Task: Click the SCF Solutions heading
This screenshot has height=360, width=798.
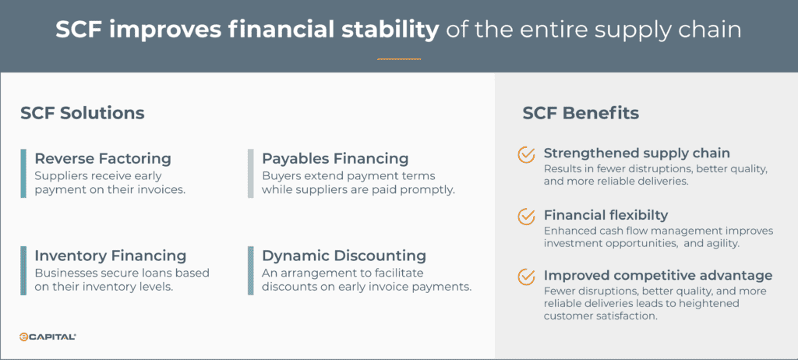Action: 83,113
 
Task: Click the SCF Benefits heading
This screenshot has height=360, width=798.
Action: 581,113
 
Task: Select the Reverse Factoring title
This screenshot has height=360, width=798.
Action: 103,159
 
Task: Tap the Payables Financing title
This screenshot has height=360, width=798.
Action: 335,159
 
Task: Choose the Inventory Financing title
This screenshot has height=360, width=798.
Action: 111,256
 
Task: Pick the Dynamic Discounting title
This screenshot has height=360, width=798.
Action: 344,256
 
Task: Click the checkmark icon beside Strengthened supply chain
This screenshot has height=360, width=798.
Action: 527,154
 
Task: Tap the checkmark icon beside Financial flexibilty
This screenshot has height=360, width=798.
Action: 527,215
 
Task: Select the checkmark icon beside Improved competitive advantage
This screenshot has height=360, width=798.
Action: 527,276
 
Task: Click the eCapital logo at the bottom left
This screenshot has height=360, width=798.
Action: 48,337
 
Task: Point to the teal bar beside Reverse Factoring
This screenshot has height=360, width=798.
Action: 23,172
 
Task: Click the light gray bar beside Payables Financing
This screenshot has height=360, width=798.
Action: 251,172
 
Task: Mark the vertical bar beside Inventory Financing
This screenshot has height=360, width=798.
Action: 23,270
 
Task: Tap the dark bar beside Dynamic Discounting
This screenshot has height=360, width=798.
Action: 251,270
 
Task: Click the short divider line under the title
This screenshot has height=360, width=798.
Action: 398,59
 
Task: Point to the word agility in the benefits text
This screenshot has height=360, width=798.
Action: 722,242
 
